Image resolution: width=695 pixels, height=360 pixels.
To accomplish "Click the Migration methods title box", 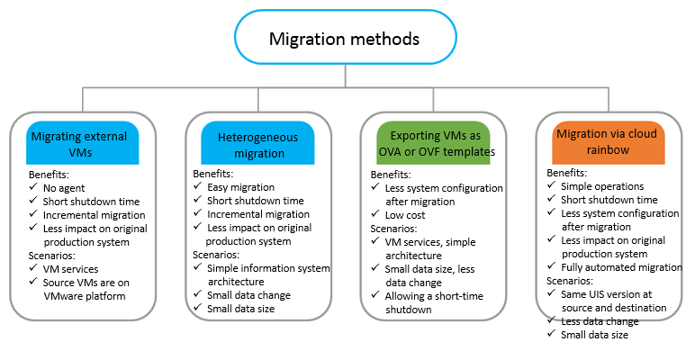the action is click(x=346, y=37).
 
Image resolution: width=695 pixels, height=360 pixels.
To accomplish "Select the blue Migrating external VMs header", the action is click(x=83, y=143).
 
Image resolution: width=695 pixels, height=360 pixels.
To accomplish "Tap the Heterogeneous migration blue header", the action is click(x=258, y=143).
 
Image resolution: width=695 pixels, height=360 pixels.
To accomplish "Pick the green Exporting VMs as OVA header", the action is click(x=434, y=143).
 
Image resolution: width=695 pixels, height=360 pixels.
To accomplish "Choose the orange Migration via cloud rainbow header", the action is click(x=609, y=143).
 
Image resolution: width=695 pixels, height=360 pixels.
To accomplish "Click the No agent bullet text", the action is click(x=64, y=188).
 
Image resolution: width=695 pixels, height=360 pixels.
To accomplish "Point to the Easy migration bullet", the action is click(x=240, y=187).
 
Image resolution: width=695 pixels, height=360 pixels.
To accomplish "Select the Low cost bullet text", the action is click(x=405, y=215).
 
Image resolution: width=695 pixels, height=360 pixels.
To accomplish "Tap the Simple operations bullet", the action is click(x=602, y=186).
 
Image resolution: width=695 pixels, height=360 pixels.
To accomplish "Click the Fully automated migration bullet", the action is click(x=621, y=267).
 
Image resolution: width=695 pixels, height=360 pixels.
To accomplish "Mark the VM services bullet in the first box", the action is click(x=70, y=269).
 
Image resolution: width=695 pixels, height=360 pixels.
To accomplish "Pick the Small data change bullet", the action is click(x=248, y=295).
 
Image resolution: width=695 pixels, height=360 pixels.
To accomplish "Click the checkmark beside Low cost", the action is click(x=375, y=213).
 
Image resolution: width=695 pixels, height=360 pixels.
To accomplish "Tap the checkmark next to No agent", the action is click(x=33, y=186).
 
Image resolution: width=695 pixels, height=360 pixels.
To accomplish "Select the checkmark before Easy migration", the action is click(x=198, y=185).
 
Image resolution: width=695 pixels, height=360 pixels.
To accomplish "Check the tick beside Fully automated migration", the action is click(x=551, y=266).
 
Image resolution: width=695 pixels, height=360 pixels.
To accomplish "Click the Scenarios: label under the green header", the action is click(x=393, y=229).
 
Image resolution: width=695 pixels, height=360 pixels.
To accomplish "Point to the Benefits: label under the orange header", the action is click(x=566, y=173).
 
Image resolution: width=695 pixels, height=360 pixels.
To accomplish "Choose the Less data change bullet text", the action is click(x=600, y=321).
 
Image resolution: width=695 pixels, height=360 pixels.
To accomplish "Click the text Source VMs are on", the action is click(x=86, y=283).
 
